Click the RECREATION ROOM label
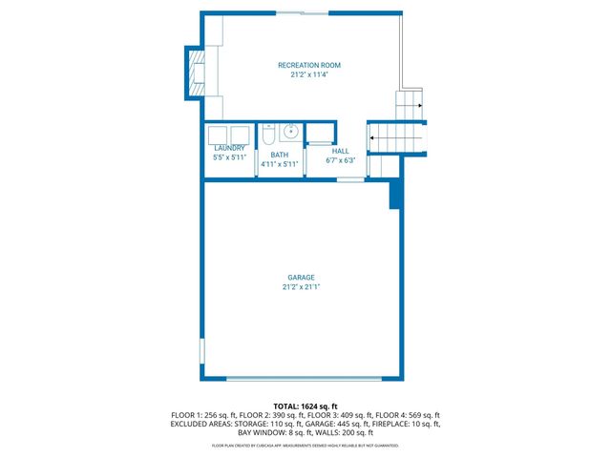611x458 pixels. (x=308, y=65)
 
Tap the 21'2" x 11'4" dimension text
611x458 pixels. (x=308, y=74)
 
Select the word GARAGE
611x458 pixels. (x=301, y=278)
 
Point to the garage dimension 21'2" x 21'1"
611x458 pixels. (x=301, y=287)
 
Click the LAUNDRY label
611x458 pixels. (x=229, y=148)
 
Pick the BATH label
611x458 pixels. (x=279, y=155)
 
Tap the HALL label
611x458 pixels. (x=341, y=151)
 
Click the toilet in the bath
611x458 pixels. (x=268, y=133)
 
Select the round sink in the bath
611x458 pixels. (x=288, y=132)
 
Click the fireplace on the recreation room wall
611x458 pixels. (x=196, y=72)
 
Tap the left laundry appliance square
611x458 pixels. (x=218, y=134)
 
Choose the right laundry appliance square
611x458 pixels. (x=239, y=134)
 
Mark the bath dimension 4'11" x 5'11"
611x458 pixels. (x=280, y=164)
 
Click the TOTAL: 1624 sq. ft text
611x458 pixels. (x=305, y=406)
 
